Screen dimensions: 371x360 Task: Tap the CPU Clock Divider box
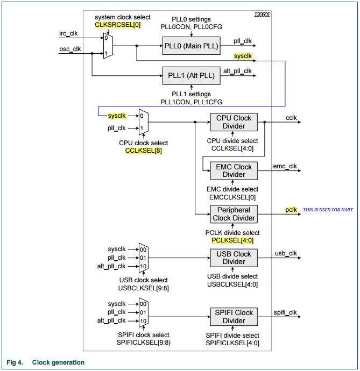click(x=234, y=122)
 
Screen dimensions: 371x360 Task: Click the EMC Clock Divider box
click(x=234, y=170)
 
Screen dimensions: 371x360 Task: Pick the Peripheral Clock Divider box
click(x=234, y=214)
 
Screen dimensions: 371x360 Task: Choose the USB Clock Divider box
click(x=234, y=258)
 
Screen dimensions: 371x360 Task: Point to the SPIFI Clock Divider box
click(x=234, y=317)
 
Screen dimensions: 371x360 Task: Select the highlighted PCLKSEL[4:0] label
click(x=232, y=240)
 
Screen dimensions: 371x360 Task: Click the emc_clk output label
click(x=285, y=166)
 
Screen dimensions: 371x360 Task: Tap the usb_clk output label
click(x=286, y=253)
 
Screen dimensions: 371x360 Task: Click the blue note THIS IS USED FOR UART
click(x=328, y=210)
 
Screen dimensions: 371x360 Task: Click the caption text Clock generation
click(x=58, y=362)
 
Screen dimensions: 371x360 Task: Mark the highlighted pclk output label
click(x=291, y=210)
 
